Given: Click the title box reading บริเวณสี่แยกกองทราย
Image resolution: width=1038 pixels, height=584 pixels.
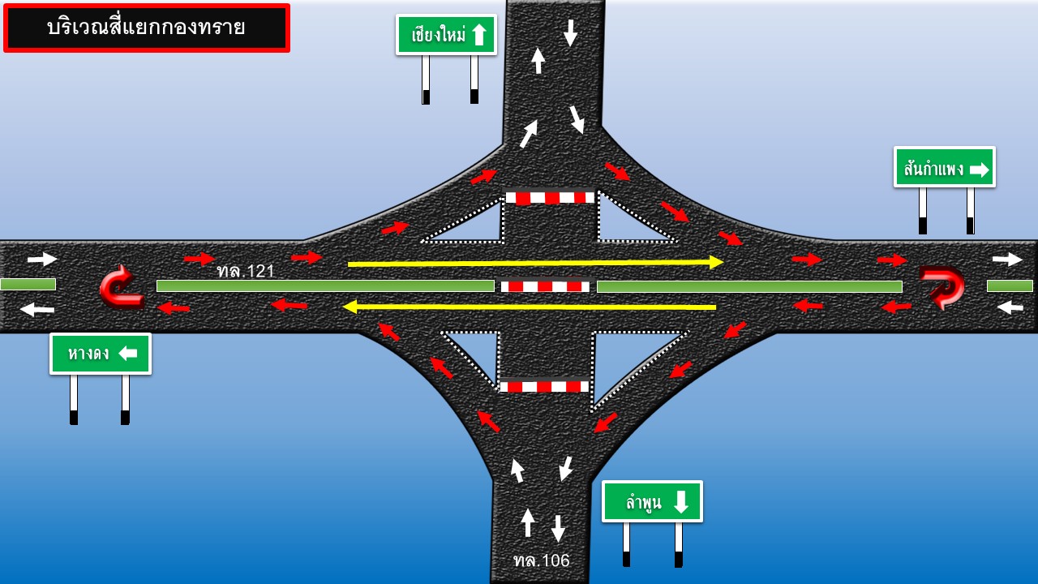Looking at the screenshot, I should tap(147, 28).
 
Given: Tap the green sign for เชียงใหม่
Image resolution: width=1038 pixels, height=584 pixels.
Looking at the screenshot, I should tap(446, 35).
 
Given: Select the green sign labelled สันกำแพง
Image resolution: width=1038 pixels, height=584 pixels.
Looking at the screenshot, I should tap(944, 167).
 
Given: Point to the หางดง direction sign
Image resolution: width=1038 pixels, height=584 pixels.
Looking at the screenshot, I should tap(101, 354).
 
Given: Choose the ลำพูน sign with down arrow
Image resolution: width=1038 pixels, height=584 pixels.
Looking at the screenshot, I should tap(652, 501).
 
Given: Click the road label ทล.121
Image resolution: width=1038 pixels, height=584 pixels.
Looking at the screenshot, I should tap(246, 272).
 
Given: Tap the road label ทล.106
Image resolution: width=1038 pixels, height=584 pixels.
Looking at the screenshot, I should tap(541, 560).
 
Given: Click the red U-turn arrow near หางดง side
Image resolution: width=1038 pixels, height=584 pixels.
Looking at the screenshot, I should tap(121, 286).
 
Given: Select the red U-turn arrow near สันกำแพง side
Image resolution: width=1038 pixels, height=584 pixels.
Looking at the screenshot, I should tap(941, 286).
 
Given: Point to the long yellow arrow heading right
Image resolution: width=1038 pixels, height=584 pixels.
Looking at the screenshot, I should tap(535, 263).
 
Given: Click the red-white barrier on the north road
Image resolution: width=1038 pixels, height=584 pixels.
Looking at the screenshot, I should tap(550, 197).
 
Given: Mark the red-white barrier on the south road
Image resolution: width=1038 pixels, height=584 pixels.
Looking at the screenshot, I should tap(543, 386).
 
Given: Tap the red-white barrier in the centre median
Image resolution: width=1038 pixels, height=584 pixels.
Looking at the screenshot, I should tap(545, 286).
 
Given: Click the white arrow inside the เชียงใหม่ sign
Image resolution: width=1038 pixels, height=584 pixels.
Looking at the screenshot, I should tap(478, 35).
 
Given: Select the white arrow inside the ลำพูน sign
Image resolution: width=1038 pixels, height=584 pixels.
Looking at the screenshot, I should tap(680, 501).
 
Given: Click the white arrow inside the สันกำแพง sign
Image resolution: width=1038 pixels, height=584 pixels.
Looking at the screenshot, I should tap(980, 170).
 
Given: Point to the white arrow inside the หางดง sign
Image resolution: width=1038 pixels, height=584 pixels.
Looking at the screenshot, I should tap(127, 354).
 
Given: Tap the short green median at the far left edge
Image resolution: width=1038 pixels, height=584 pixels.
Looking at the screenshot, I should tap(28, 284).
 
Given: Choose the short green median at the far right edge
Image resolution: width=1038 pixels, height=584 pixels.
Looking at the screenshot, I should tap(1010, 286).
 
